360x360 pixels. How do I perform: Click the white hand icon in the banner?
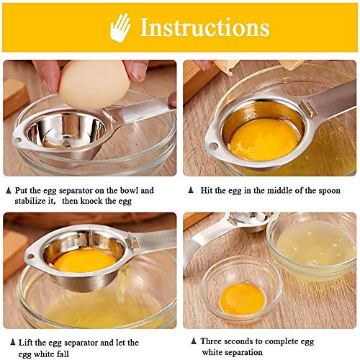point(120,27)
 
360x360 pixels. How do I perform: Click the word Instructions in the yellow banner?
point(204,27)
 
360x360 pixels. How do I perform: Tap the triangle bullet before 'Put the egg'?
point(9,191)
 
